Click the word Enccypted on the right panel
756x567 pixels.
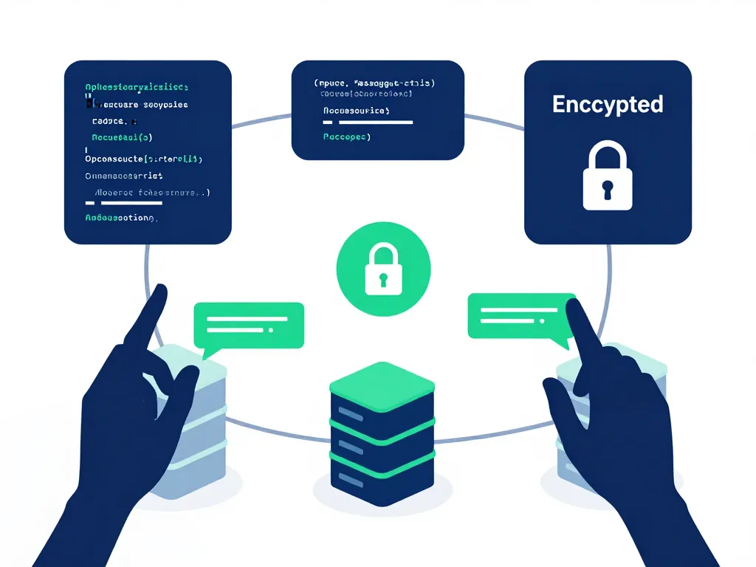pyautogui.click(x=608, y=104)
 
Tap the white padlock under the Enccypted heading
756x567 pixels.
pyautogui.click(x=608, y=177)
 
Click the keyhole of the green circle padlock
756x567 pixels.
pyautogui.click(x=383, y=279)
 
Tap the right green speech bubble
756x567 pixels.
pyautogui.click(x=520, y=316)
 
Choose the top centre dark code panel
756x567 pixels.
pyautogui.click(x=377, y=110)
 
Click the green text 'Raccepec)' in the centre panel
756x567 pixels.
pyautogui.click(x=347, y=137)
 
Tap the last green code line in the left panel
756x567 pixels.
pyautogui.click(x=122, y=219)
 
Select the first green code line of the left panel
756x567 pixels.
pyautogui.click(x=137, y=86)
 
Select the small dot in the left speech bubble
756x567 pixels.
pyautogui.click(x=272, y=329)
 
